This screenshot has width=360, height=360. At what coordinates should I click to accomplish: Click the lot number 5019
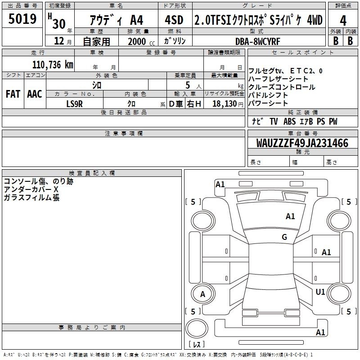(22, 19)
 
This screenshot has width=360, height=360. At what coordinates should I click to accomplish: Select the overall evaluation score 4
(343, 20)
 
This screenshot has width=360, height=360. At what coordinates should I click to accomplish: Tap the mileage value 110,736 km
(53, 65)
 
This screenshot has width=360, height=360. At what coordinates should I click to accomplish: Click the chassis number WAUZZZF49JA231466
(302, 143)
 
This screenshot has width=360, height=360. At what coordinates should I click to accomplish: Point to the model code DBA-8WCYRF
(257, 41)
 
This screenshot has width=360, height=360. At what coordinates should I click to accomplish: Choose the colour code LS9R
(74, 104)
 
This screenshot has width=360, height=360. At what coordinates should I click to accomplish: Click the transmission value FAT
(13, 94)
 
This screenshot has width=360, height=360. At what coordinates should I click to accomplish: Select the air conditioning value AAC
(35, 94)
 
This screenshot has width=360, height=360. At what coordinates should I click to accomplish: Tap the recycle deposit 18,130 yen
(228, 104)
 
